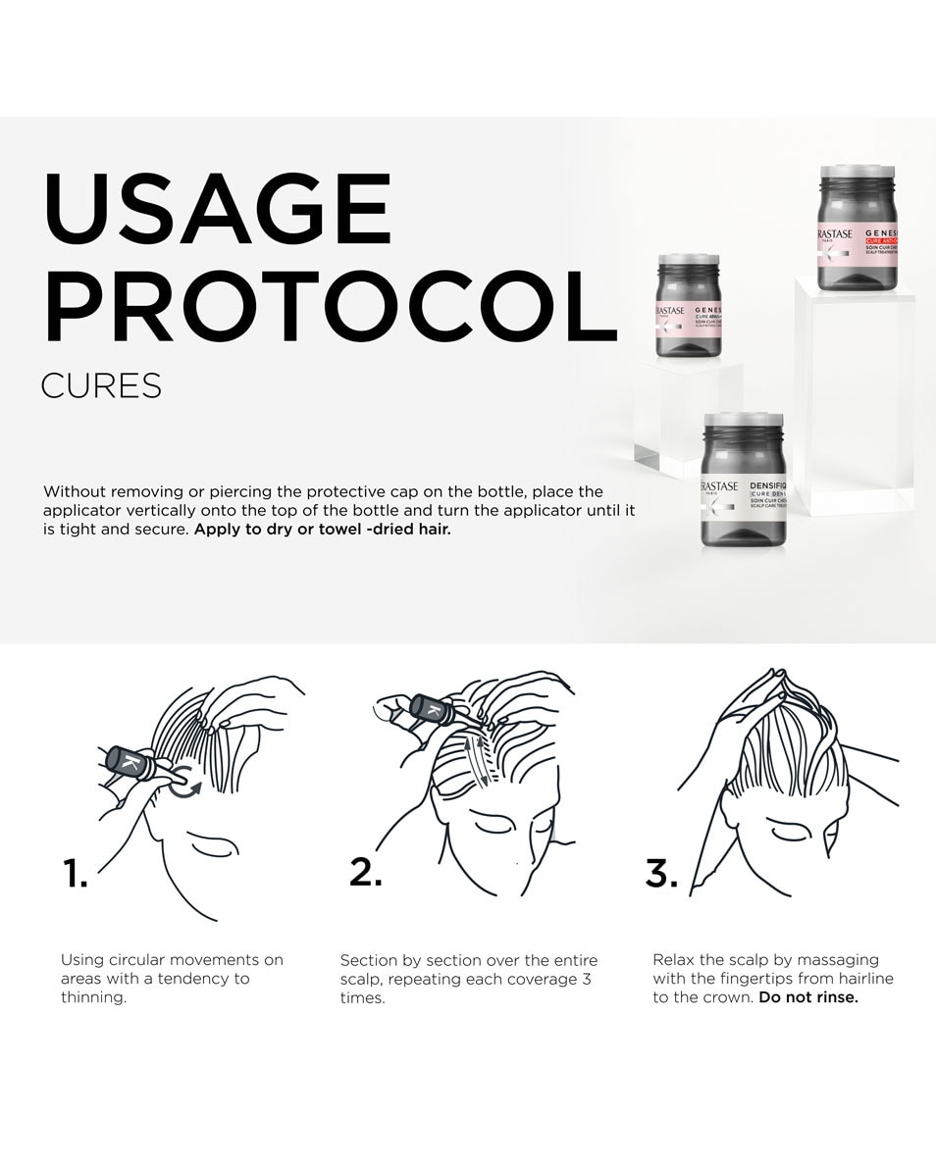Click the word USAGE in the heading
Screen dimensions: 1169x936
click(x=217, y=210)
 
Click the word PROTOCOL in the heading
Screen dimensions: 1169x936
click(x=330, y=307)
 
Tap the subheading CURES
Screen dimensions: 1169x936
click(x=101, y=386)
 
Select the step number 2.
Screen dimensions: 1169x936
click(x=365, y=871)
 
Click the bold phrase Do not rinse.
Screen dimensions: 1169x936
click(x=808, y=997)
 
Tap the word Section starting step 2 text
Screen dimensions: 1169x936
click(x=370, y=960)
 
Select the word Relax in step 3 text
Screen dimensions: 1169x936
click(x=675, y=959)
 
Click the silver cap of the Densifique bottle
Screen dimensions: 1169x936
click(x=744, y=428)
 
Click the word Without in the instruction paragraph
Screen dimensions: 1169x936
click(x=77, y=491)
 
